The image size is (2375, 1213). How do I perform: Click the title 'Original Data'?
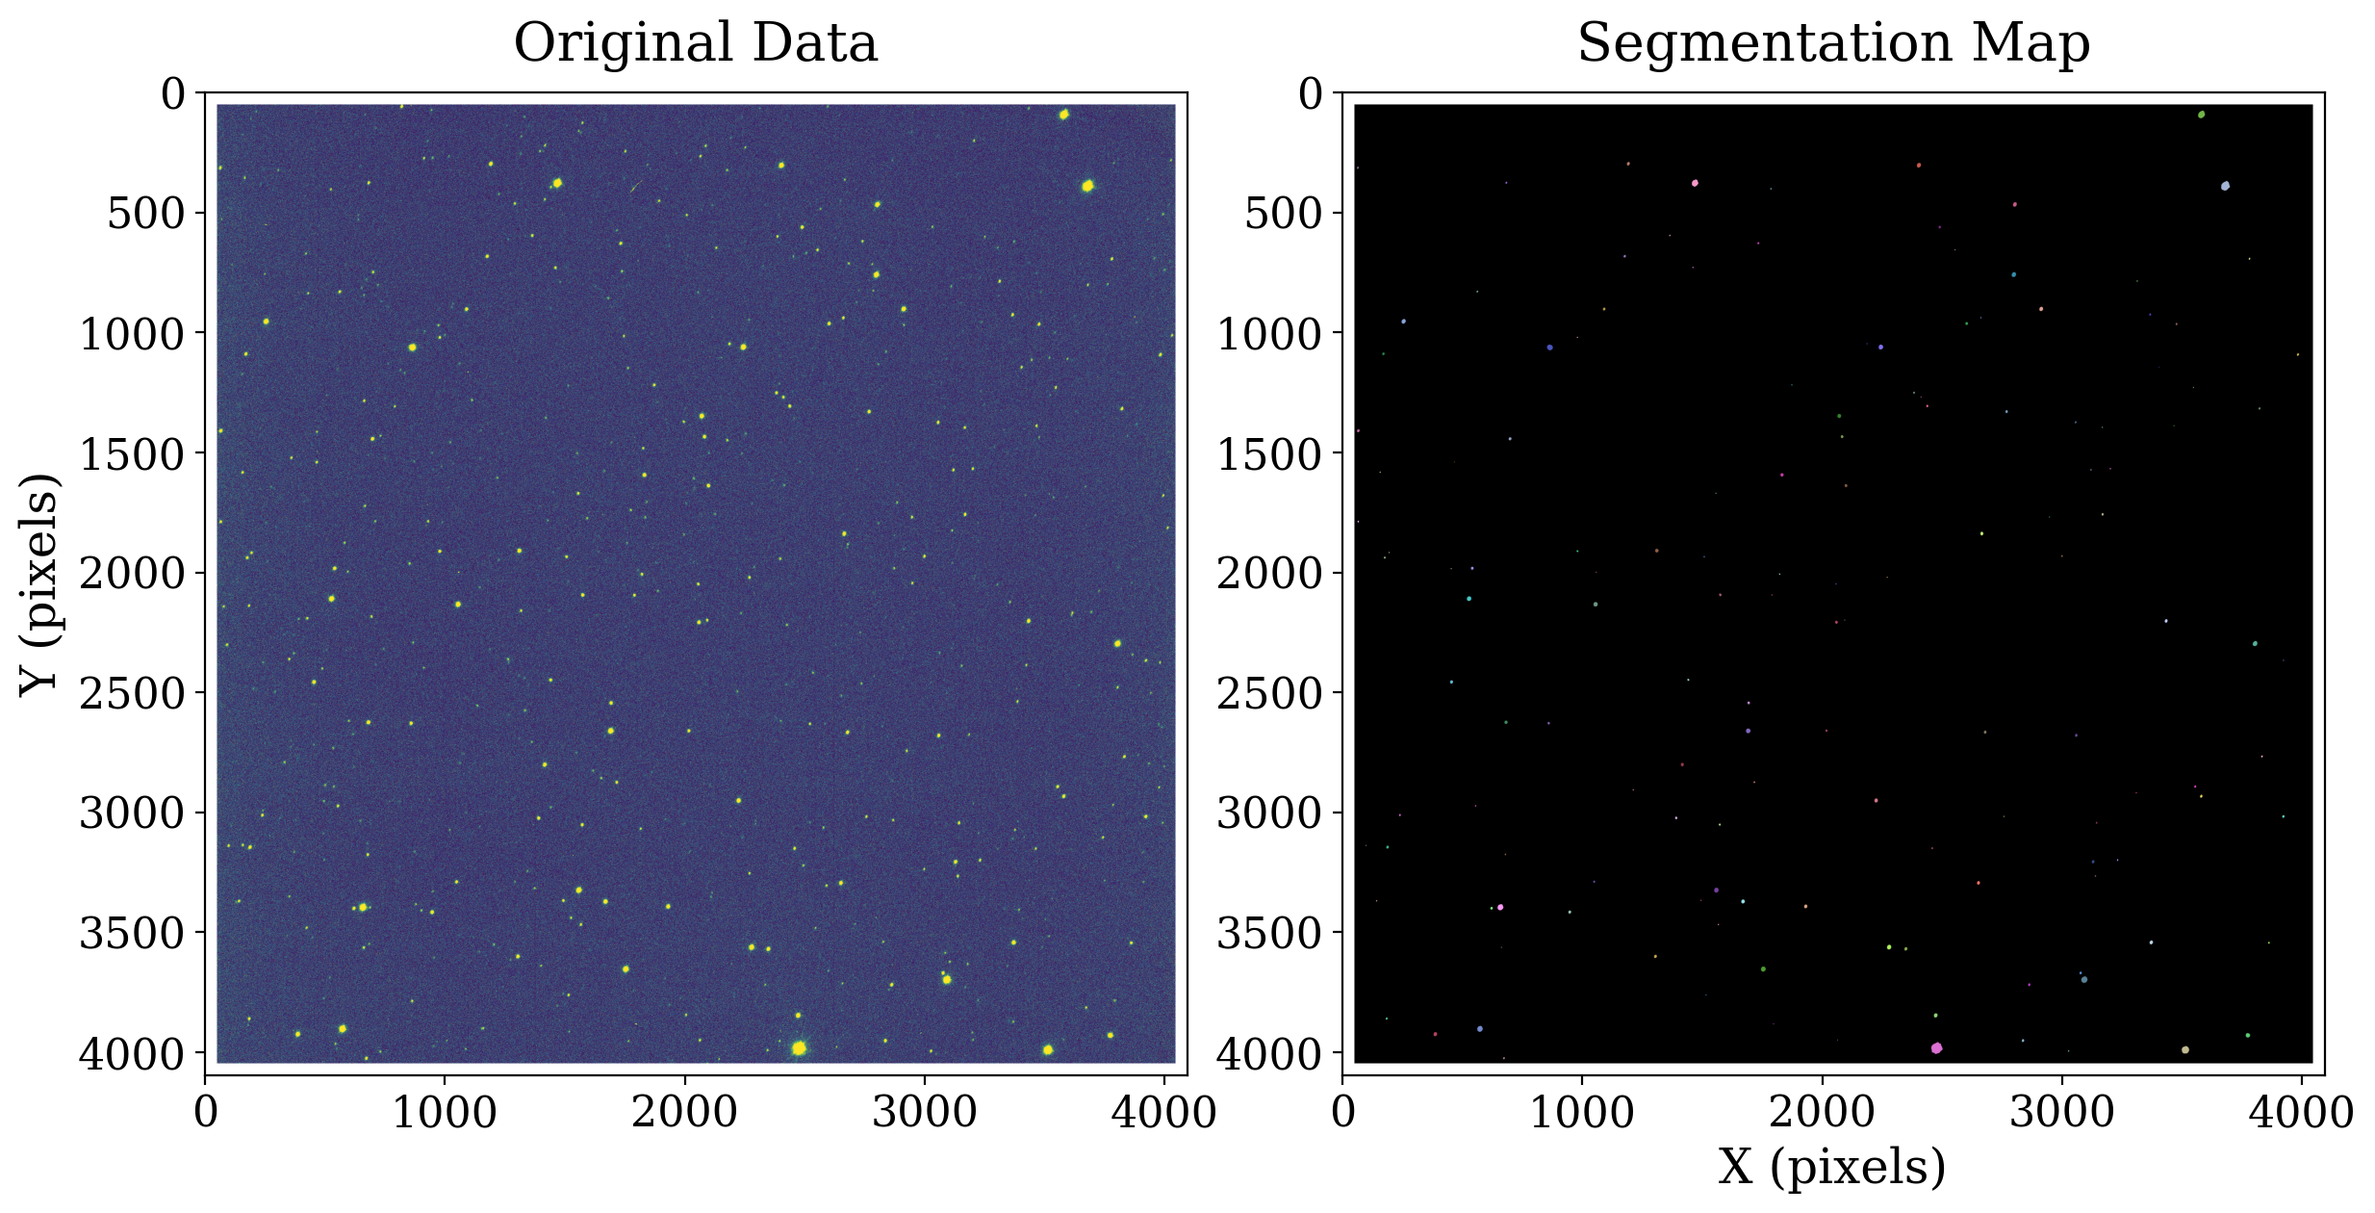pyautogui.click(x=695, y=44)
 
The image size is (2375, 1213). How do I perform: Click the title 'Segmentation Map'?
pyautogui.click(x=1833, y=44)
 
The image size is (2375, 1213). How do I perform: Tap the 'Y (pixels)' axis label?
pyautogui.click(x=40, y=583)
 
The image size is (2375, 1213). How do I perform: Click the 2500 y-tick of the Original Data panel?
pyautogui.click(x=132, y=693)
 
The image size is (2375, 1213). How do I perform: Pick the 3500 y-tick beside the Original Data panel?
pyautogui.click(x=132, y=934)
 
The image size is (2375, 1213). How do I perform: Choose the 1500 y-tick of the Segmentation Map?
pyautogui.click(x=1269, y=453)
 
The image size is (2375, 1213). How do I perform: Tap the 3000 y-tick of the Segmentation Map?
pyautogui.click(x=1269, y=813)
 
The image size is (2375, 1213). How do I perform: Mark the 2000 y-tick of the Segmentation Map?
pyautogui.click(x=1269, y=574)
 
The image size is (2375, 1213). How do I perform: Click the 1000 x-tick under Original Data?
pyautogui.click(x=445, y=1113)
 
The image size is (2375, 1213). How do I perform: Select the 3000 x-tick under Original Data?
pyautogui.click(x=925, y=1113)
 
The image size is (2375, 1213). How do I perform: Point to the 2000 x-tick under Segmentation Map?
pyautogui.click(x=1822, y=1113)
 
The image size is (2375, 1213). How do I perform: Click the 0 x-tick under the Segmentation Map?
pyautogui.click(x=1343, y=1113)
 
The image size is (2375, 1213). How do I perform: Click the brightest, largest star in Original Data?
pyautogui.click(x=799, y=1047)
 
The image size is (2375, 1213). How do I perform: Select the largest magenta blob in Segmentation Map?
pyautogui.click(x=1936, y=1048)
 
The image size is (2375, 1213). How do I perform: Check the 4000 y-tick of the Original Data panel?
pyautogui.click(x=132, y=1054)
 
